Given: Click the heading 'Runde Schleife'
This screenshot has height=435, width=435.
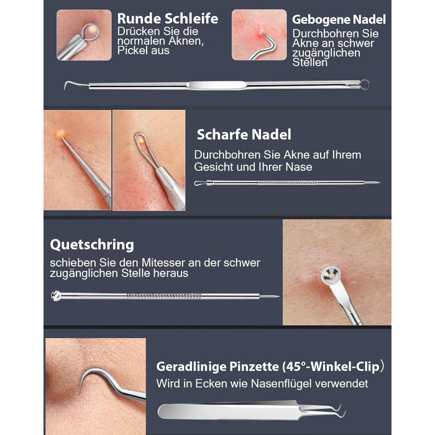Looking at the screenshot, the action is (168, 19).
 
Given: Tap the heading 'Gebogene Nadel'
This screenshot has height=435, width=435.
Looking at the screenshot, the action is (339, 20).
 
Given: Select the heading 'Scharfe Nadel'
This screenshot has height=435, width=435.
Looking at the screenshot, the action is (244, 135).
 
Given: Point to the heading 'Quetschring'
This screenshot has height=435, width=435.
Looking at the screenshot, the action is (92, 245).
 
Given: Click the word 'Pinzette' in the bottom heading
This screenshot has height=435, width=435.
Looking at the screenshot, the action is (254, 367).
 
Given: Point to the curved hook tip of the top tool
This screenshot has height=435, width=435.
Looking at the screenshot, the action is (65, 86).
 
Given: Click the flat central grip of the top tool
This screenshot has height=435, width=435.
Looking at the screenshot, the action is (217, 86).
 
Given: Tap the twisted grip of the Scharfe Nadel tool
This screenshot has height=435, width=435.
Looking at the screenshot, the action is (288, 183).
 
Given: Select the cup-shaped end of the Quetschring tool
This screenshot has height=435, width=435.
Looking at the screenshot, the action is (56, 295).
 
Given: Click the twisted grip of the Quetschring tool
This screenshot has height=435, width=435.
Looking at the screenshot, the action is (164, 296).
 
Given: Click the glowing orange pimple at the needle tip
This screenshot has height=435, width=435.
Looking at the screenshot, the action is (60, 134).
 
